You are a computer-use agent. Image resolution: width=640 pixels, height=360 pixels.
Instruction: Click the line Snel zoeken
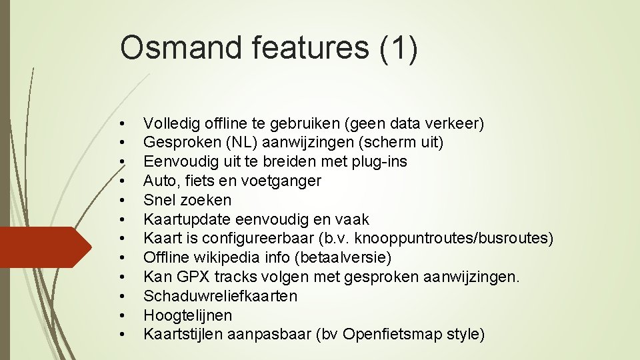187,200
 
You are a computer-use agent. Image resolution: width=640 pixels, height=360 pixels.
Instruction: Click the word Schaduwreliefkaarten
220,296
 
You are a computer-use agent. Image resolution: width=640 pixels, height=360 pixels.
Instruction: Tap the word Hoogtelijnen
187,315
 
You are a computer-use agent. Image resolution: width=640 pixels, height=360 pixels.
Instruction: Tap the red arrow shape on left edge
40,247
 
